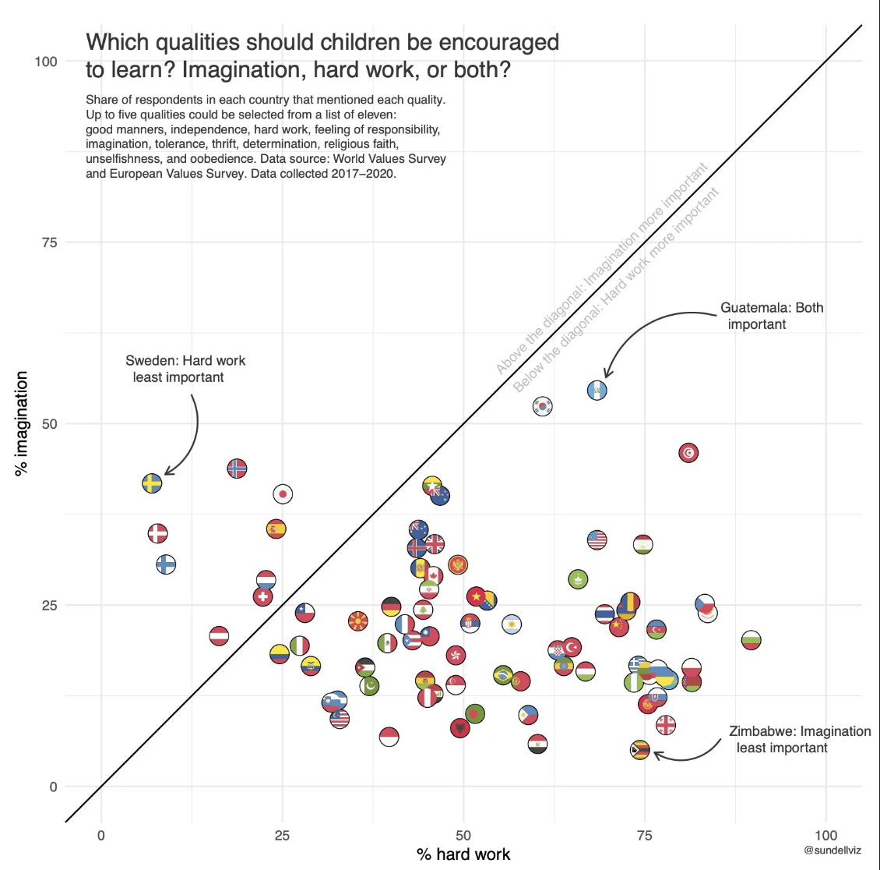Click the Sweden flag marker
click(x=152, y=483)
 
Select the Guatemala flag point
click(x=597, y=390)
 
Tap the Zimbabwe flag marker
click(x=639, y=750)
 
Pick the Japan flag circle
click(x=283, y=493)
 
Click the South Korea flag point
click(x=542, y=406)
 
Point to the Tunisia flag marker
click(x=688, y=453)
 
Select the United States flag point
click(x=597, y=539)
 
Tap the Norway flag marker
click(x=237, y=468)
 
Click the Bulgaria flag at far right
click(x=751, y=640)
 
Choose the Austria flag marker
click(x=219, y=636)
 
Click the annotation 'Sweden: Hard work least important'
click(x=185, y=369)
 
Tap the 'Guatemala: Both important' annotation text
click(x=771, y=316)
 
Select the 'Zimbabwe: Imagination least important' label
click(x=799, y=739)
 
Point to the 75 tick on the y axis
click(x=49, y=242)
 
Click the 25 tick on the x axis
click(x=282, y=836)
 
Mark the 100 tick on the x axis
click(x=825, y=836)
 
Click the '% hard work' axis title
click(x=463, y=854)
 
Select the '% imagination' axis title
click(x=22, y=423)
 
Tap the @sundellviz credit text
click(x=832, y=851)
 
